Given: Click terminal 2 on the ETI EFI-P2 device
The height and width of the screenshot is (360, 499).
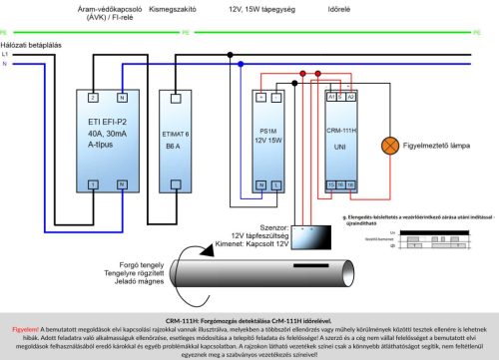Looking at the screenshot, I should point(93,98).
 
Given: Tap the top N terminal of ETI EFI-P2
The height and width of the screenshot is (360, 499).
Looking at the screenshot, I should point(122,98).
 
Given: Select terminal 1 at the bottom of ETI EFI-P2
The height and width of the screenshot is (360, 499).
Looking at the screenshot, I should point(93,185).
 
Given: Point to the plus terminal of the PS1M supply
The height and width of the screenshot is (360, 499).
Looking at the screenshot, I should point(261,98).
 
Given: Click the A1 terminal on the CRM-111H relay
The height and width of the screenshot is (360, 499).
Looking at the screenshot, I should point(330,98).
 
